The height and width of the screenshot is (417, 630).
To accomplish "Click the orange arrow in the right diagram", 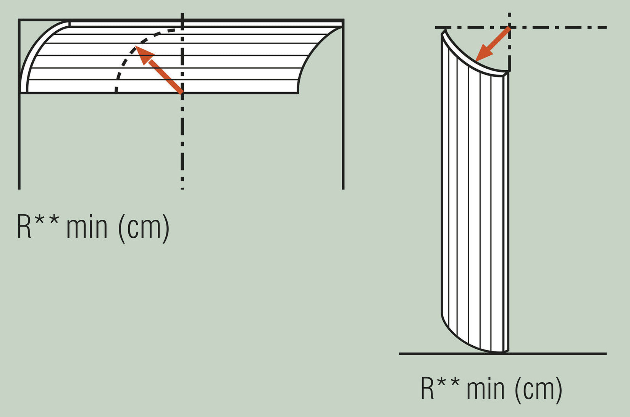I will (x=493, y=44).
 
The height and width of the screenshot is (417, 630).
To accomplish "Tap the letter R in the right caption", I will (x=428, y=388).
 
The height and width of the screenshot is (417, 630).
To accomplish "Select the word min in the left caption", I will (x=87, y=227).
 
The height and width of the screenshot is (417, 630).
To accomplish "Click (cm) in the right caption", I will (x=538, y=389).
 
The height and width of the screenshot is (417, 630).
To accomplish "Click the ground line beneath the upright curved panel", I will (x=554, y=354).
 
